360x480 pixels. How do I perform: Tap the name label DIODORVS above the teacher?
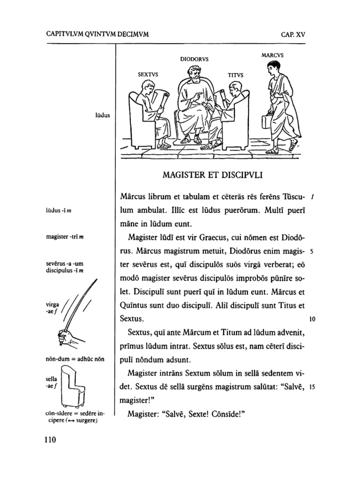pyautogui.click(x=195, y=60)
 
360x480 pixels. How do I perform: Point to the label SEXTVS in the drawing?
pyautogui.click(x=148, y=74)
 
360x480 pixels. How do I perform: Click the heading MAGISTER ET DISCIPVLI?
pyautogui.click(x=211, y=176)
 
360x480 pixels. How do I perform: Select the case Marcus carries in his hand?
pyautogui.click(x=267, y=123)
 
